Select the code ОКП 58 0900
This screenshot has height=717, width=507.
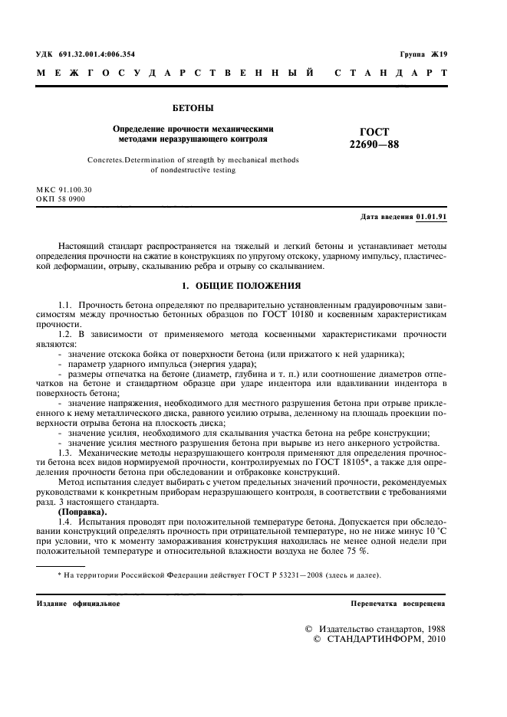coord(61,198)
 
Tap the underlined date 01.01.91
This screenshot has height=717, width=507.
coord(432,217)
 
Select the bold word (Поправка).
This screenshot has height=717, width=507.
coord(84,511)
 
